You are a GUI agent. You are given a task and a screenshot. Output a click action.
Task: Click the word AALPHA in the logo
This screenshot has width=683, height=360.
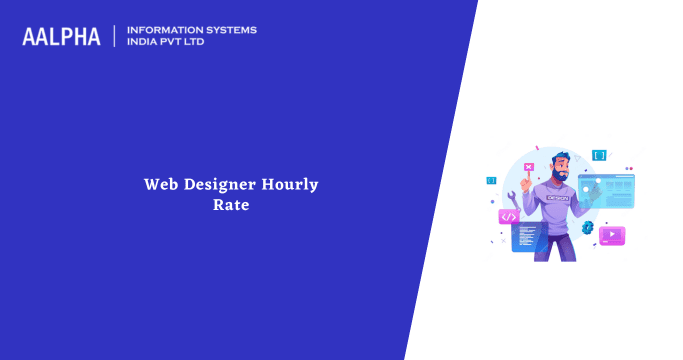pyautogui.click(x=61, y=37)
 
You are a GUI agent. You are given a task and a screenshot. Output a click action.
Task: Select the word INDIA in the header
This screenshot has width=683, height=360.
pyautogui.click(x=147, y=43)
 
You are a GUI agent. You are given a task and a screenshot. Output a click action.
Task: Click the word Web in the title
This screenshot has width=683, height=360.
pyautogui.click(x=160, y=185)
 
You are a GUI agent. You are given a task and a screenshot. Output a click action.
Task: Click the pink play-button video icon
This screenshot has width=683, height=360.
pyautogui.click(x=611, y=236)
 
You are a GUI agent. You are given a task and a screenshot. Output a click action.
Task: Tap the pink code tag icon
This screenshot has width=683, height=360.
pyautogui.click(x=509, y=216)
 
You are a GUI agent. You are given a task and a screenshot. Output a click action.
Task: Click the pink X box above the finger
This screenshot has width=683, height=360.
pyautogui.click(x=528, y=166)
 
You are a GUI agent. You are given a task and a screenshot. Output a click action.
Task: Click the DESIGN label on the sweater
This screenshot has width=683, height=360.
pyautogui.click(x=558, y=197)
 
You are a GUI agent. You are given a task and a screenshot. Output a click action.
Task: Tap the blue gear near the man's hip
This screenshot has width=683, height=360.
pyautogui.click(x=588, y=228)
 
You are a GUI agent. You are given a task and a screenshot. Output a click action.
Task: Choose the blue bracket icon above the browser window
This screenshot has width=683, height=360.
pyautogui.click(x=599, y=155)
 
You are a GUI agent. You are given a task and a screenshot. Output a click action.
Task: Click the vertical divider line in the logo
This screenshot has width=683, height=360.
pyautogui.click(x=116, y=36)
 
